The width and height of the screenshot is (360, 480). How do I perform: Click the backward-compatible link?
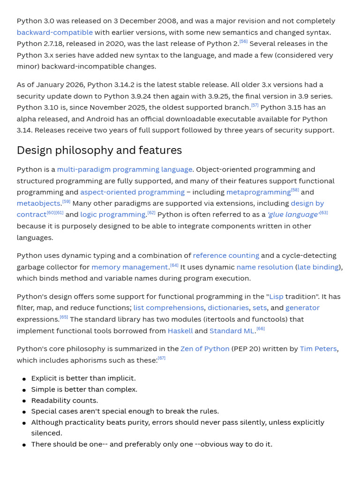[54, 32]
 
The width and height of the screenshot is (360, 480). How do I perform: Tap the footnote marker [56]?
[243, 42]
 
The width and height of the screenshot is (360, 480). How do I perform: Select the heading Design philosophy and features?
[99, 150]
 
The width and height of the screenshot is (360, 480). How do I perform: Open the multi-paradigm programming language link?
[125, 169]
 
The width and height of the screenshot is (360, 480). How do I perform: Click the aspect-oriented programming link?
[132, 192]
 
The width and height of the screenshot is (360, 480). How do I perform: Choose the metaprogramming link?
[258, 192]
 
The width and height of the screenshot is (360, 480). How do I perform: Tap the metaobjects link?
[38, 203]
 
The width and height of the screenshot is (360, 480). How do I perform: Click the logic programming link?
[112, 215]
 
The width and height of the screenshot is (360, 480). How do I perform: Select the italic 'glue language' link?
[292, 215]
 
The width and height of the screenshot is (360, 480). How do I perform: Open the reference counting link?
[226, 255]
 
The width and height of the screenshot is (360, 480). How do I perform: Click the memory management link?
[129, 267]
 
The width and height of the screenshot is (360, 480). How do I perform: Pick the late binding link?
[318, 267]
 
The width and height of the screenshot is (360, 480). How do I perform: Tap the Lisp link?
[276, 297]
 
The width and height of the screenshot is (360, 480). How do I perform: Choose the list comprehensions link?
[169, 308]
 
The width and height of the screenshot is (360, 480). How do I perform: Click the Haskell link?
[180, 331]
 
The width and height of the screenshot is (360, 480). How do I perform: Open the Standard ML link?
[232, 331]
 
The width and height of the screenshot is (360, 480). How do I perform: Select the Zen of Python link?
[205, 349]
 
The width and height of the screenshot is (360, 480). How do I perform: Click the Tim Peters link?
[318, 349]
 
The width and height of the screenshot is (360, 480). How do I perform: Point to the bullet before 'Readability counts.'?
[24, 401]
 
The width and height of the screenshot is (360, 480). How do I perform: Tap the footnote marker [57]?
[255, 105]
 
